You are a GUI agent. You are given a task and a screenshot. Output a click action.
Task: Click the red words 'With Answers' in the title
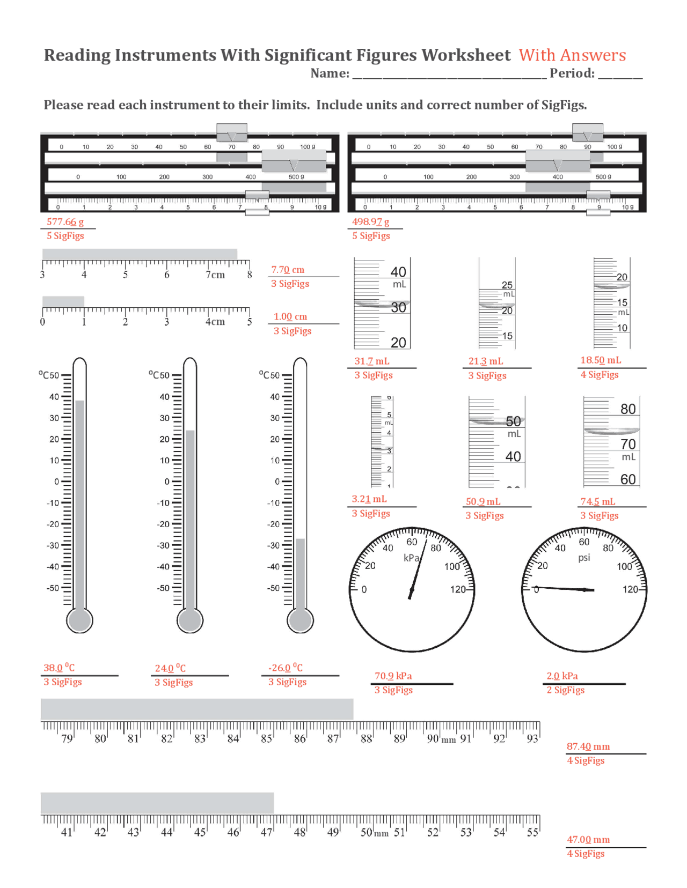click(x=572, y=55)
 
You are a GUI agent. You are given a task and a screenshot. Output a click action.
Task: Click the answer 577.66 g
click(x=64, y=222)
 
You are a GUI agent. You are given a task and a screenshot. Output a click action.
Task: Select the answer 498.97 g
click(x=370, y=222)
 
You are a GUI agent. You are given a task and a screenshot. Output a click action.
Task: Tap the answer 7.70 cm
click(x=287, y=270)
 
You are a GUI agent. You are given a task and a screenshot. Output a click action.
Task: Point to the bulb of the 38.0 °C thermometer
click(x=79, y=620)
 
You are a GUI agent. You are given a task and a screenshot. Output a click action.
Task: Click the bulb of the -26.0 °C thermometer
click(x=300, y=620)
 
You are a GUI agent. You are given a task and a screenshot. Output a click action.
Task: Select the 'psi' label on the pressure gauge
click(x=584, y=558)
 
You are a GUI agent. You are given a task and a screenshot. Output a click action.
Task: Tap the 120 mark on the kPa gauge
click(x=457, y=589)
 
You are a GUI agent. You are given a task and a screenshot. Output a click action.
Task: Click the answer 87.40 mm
click(x=588, y=746)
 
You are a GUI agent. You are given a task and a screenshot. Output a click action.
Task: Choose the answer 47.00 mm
click(x=588, y=840)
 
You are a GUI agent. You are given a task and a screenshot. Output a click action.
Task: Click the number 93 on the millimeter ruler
click(x=532, y=739)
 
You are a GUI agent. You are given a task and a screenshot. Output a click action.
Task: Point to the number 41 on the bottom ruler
click(x=67, y=833)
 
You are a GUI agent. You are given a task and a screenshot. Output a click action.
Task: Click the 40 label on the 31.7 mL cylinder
click(x=398, y=272)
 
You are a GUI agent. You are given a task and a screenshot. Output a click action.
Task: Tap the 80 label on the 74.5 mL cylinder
click(x=628, y=409)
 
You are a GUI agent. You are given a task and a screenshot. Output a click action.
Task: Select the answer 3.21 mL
click(x=369, y=499)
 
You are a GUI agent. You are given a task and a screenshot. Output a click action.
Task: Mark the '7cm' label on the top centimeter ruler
click(x=215, y=275)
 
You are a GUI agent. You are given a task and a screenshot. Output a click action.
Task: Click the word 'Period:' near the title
click(x=572, y=73)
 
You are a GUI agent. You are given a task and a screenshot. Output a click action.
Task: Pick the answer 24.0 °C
click(x=170, y=668)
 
